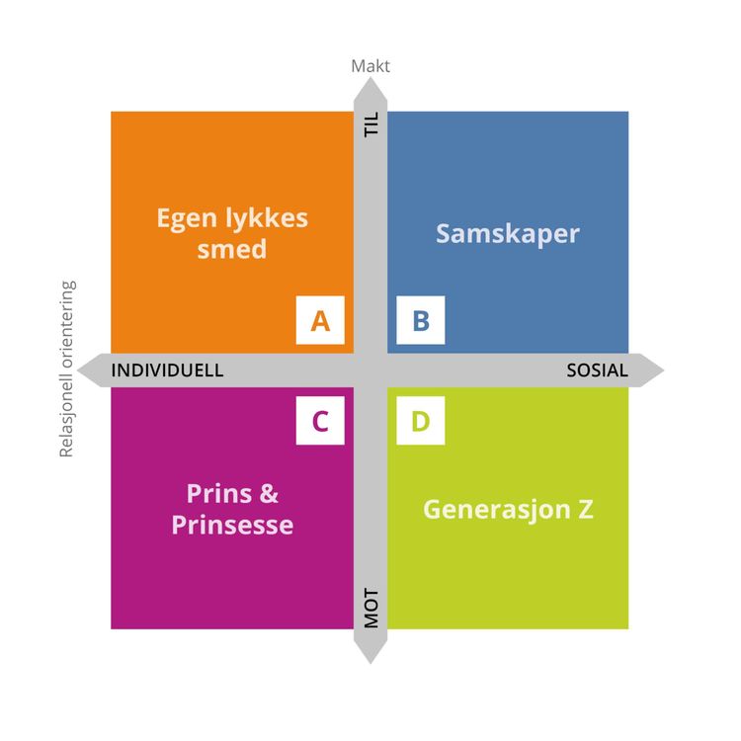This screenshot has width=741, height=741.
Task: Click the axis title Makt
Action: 370,66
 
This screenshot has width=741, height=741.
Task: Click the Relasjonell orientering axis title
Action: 67,370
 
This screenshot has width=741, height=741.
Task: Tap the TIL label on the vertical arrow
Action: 371,126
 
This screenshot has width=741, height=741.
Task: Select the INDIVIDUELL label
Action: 167,370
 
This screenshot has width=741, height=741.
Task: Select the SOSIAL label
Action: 597,370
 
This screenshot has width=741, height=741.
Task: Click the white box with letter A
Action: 320,320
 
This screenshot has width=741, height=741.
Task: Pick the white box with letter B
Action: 421,320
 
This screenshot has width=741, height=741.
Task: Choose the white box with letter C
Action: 320,422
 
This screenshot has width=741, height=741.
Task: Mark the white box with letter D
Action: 421,422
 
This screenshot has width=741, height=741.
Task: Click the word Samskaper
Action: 508,233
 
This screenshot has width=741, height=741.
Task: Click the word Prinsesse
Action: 232,524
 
